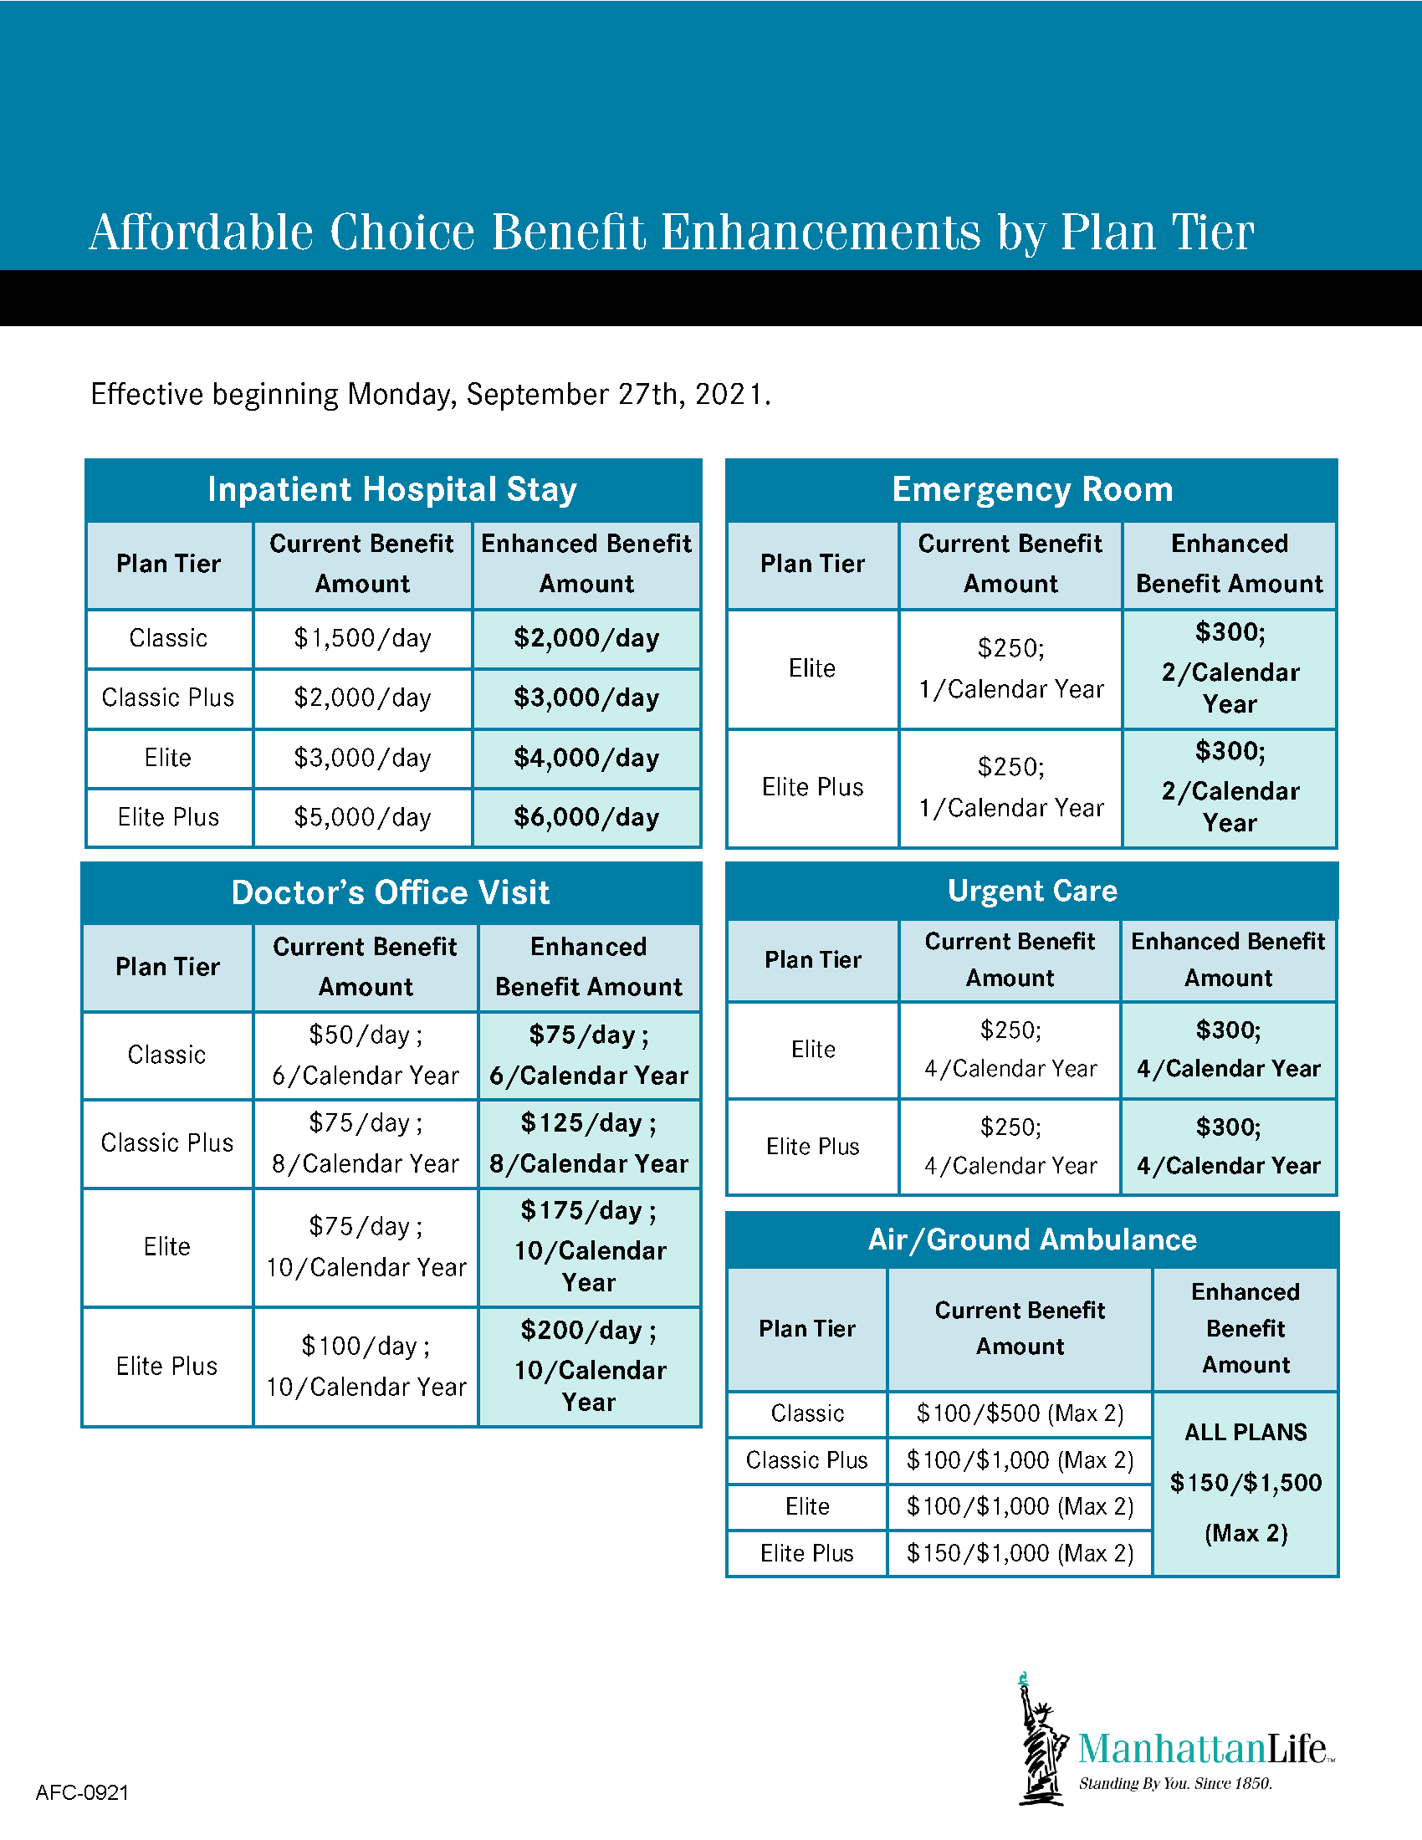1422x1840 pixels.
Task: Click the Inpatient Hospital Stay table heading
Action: click(x=392, y=489)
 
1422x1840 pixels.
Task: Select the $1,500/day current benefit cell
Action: click(x=362, y=639)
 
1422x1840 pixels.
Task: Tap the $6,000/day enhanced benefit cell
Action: click(x=586, y=817)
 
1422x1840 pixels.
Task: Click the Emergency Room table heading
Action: click(x=1032, y=489)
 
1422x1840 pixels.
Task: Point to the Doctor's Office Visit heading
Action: click(x=391, y=892)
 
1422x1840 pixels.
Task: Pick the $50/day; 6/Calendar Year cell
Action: click(x=366, y=1055)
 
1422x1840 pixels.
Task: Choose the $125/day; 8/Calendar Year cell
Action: click(x=589, y=1143)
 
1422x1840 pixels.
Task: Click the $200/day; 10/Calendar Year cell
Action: click(x=589, y=1366)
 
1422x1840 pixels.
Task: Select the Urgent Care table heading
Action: click(x=1032, y=891)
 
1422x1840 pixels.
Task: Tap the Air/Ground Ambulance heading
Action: click(x=1032, y=1239)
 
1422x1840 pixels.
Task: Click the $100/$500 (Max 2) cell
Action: click(x=1020, y=1413)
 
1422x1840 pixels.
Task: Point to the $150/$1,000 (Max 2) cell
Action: click(x=1020, y=1554)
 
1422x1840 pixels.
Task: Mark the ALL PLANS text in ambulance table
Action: click(x=1246, y=1432)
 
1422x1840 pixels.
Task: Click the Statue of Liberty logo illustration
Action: click(x=1041, y=1740)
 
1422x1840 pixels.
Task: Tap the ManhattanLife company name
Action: click(x=1204, y=1749)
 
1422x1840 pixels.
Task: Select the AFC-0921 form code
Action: click(x=83, y=1793)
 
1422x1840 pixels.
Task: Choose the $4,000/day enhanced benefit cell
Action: click(x=586, y=759)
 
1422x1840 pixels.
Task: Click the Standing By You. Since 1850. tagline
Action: click(x=1175, y=1784)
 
